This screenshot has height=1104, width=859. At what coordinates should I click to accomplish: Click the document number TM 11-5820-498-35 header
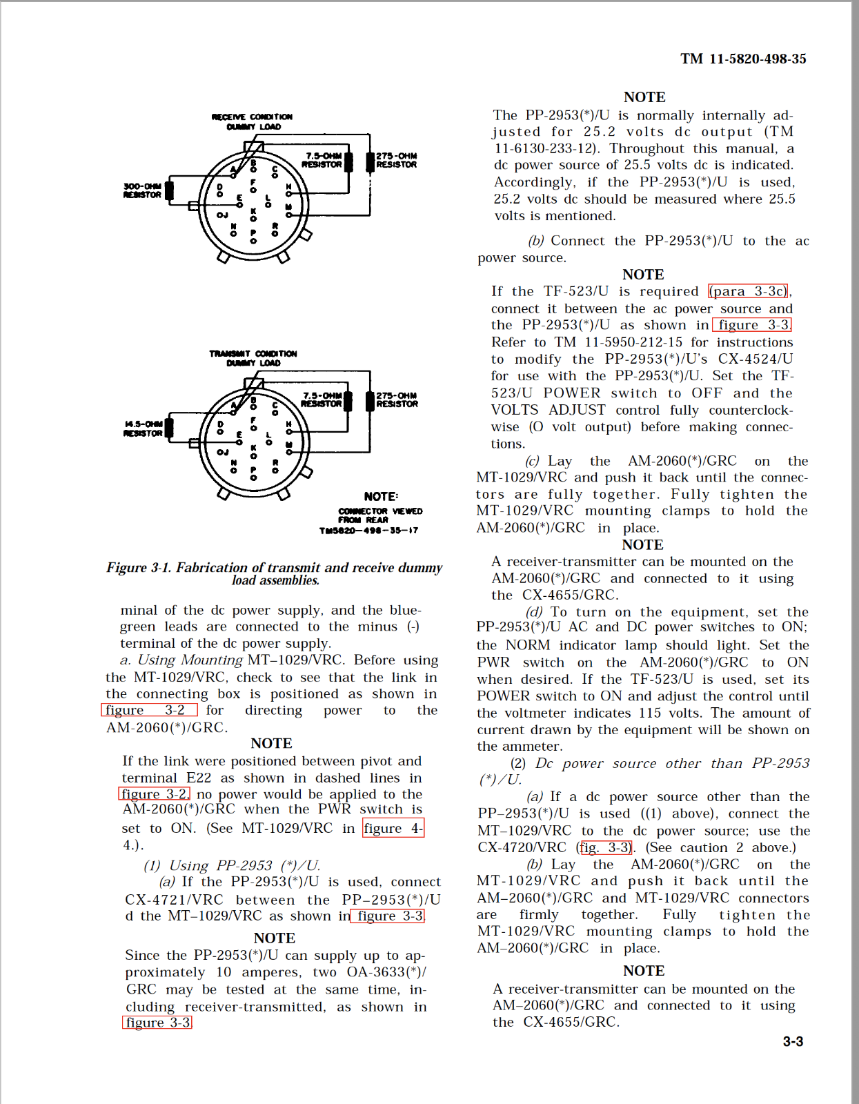(x=742, y=59)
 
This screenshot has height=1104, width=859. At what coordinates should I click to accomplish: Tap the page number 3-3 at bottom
(x=792, y=1041)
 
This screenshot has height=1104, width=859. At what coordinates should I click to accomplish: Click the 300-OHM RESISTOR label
(x=142, y=190)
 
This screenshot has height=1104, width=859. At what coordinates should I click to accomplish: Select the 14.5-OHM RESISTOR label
(x=143, y=428)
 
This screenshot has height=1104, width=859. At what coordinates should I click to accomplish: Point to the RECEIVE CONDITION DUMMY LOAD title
(x=253, y=121)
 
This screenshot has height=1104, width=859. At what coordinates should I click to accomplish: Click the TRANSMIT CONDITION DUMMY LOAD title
(x=253, y=358)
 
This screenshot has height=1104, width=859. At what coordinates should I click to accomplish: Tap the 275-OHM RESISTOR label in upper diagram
(x=396, y=160)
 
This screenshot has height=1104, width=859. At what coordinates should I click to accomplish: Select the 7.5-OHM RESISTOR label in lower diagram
(x=322, y=400)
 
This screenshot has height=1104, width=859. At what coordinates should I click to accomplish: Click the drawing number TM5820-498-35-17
(x=368, y=531)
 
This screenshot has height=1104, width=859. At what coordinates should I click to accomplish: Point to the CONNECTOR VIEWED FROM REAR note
(x=380, y=515)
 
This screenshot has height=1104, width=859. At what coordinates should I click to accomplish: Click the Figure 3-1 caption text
(x=274, y=573)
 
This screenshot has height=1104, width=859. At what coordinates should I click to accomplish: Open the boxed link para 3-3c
(x=749, y=291)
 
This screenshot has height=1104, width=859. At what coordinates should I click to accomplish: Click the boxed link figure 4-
(x=393, y=828)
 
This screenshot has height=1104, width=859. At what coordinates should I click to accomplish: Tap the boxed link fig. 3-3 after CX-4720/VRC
(x=605, y=847)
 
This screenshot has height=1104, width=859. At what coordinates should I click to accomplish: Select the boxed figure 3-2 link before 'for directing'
(x=149, y=710)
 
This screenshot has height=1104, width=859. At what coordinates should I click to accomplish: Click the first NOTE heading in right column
(x=644, y=97)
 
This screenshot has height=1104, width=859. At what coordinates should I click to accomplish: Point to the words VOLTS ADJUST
(x=548, y=410)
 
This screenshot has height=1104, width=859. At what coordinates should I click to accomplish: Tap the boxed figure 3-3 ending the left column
(x=157, y=1023)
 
